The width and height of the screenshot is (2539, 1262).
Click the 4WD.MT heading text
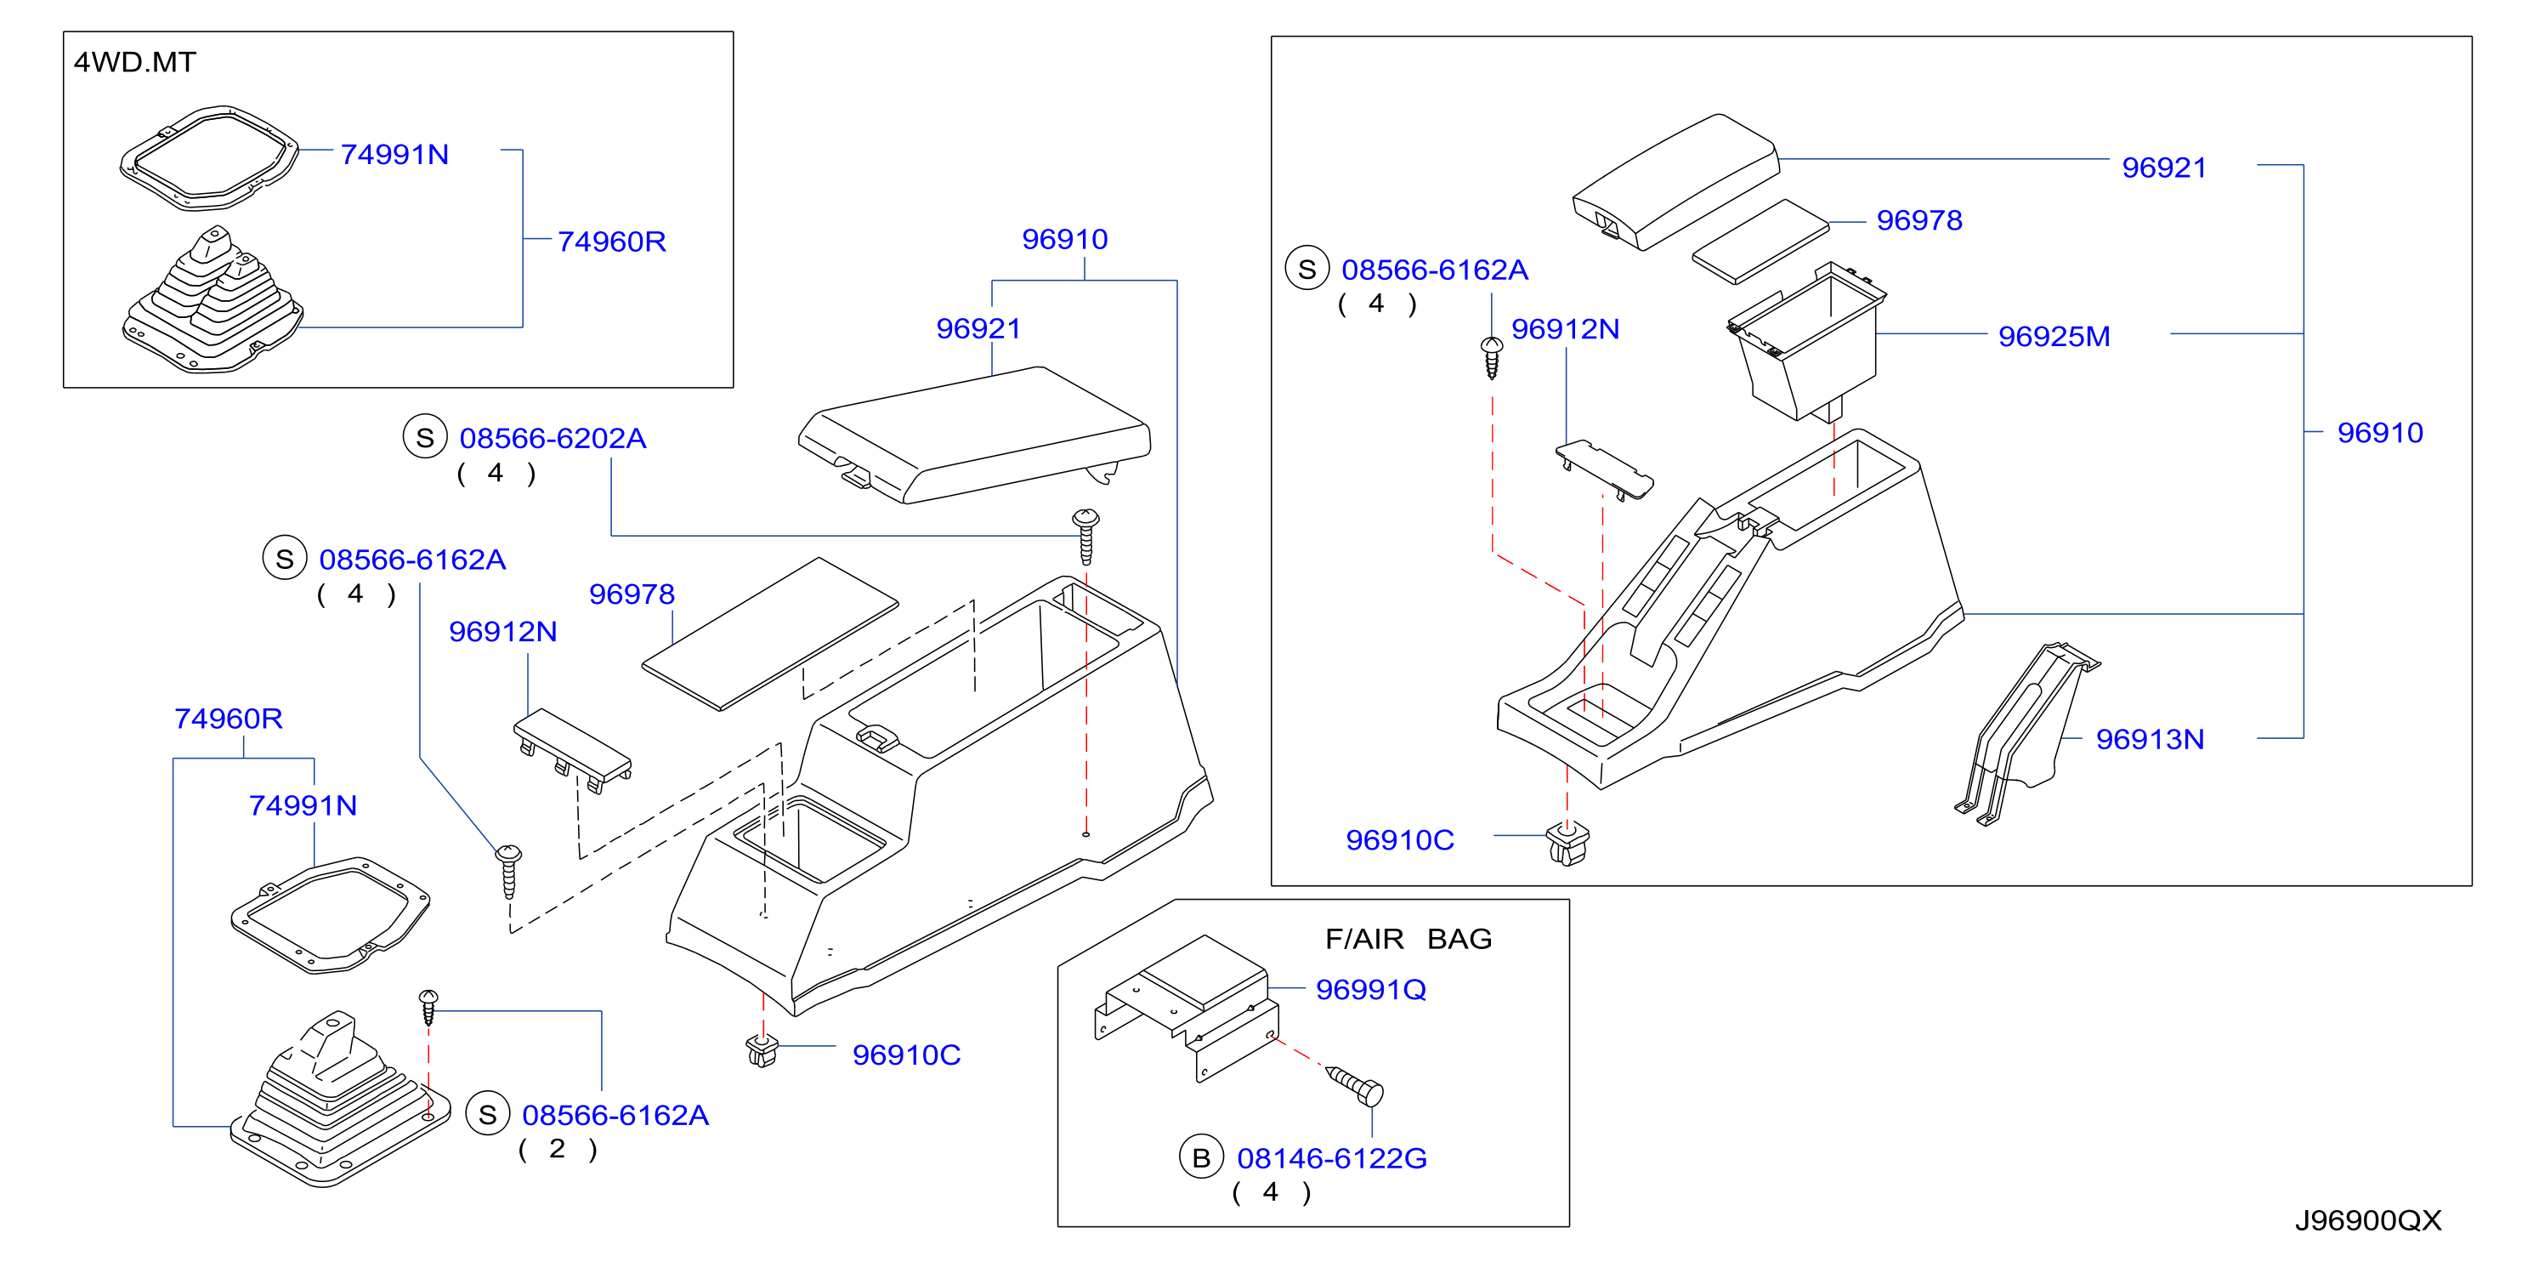(x=135, y=62)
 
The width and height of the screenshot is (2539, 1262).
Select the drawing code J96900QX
(x=2367, y=1220)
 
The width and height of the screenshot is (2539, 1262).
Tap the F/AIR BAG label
(x=1408, y=939)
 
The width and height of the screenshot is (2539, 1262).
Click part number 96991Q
(x=1371, y=990)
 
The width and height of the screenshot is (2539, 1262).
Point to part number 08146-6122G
(x=1332, y=1158)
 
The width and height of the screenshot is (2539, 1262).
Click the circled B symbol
(x=1200, y=1158)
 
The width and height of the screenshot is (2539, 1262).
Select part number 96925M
(x=2054, y=336)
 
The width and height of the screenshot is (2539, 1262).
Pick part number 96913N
(x=2150, y=740)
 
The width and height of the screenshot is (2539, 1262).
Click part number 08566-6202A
(x=553, y=439)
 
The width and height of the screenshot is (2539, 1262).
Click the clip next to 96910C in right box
(x=1567, y=844)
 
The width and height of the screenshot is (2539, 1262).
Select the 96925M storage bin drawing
(x=1805, y=340)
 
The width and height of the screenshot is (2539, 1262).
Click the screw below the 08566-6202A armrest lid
(x=1085, y=536)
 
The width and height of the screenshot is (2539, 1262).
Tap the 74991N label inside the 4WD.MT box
(x=394, y=155)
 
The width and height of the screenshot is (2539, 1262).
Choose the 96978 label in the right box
(x=1919, y=221)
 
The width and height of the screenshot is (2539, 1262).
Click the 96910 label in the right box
(x=2379, y=433)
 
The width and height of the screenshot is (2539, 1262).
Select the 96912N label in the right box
(x=1565, y=329)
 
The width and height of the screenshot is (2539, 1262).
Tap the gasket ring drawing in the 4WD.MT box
(x=209, y=158)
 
